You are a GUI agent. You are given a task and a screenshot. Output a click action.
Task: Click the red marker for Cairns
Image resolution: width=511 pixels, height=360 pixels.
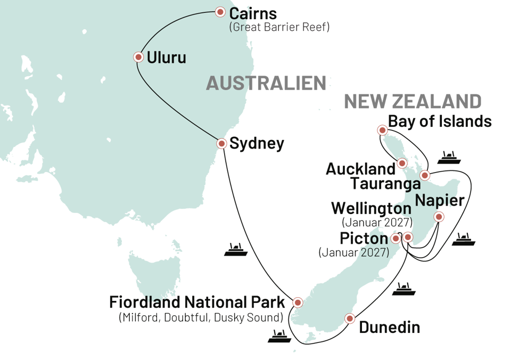coord(220,12)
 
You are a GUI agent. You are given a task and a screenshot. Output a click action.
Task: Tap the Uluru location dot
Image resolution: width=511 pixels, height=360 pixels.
coord(138,57)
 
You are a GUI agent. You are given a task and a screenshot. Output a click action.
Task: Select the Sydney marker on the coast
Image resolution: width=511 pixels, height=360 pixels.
coord(222,143)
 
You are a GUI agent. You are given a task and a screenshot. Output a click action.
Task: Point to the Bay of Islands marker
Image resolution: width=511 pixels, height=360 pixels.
coord(382,129)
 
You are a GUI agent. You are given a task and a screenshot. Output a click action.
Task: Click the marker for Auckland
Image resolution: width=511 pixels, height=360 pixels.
coord(402,163)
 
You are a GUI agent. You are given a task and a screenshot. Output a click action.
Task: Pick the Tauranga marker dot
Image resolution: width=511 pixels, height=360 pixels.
coord(425,175)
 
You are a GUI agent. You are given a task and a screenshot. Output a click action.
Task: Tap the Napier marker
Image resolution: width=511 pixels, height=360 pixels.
coord(439,216)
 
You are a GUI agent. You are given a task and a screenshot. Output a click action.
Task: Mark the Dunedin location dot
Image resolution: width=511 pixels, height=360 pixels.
coord(350,318)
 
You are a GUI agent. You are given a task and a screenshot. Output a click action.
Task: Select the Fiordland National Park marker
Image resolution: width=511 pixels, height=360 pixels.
coord(298,302)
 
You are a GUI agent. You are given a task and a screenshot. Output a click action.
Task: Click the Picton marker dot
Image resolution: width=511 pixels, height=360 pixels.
coord(395,239)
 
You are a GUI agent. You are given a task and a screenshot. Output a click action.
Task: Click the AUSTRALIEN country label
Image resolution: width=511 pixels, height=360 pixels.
coord(266,84)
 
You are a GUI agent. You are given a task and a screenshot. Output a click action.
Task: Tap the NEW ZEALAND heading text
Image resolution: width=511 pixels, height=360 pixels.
coord(413,102)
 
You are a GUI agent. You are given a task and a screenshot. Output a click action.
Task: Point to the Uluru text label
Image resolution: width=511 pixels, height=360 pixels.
coord(166,58)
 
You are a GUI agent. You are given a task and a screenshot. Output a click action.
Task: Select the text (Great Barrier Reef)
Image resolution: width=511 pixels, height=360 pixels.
coord(279,27)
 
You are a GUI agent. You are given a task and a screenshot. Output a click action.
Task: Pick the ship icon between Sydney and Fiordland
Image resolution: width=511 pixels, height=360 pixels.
coord(235,250)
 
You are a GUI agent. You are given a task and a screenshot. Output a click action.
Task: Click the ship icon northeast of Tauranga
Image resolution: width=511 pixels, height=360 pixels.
coord(451,158)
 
